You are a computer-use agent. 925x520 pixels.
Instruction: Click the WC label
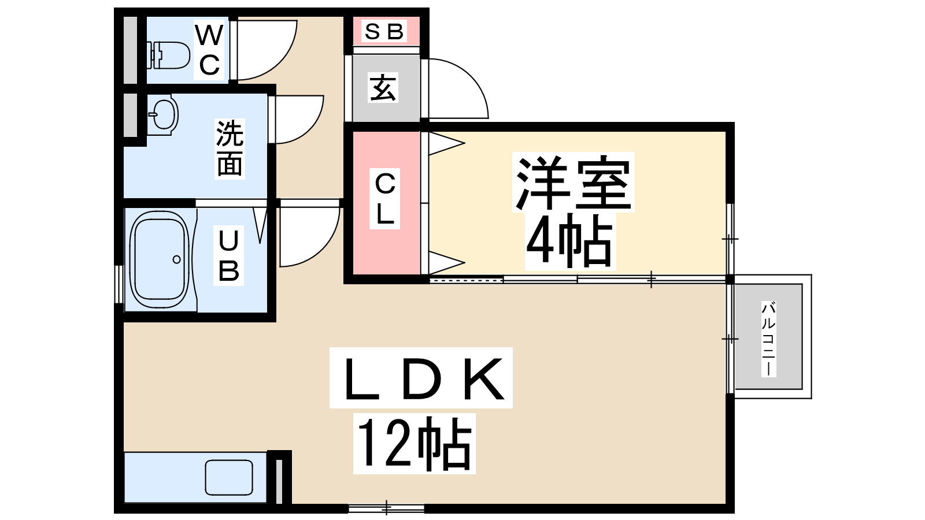click(209, 50)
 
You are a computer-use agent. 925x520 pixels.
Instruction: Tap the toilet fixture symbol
click(170, 55)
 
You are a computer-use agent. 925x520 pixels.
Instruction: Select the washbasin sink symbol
click(164, 114)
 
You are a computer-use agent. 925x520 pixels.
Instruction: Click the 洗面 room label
click(230, 148)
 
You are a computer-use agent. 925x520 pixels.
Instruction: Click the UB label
click(228, 255)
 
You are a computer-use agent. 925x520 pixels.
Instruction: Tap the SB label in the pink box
click(383, 32)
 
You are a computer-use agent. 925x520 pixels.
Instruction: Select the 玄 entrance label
click(383, 88)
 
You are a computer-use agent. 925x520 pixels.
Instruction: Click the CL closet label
click(385, 199)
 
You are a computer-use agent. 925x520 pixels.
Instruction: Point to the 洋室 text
click(573, 182)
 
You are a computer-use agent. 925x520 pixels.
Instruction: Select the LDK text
click(421, 378)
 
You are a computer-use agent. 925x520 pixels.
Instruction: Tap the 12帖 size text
click(414, 444)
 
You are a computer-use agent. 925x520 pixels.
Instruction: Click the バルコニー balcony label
click(768, 338)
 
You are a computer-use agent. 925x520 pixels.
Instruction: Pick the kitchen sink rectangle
click(229, 477)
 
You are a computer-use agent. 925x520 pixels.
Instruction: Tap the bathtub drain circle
click(176, 260)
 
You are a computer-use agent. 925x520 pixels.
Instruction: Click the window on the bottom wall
click(386, 508)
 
